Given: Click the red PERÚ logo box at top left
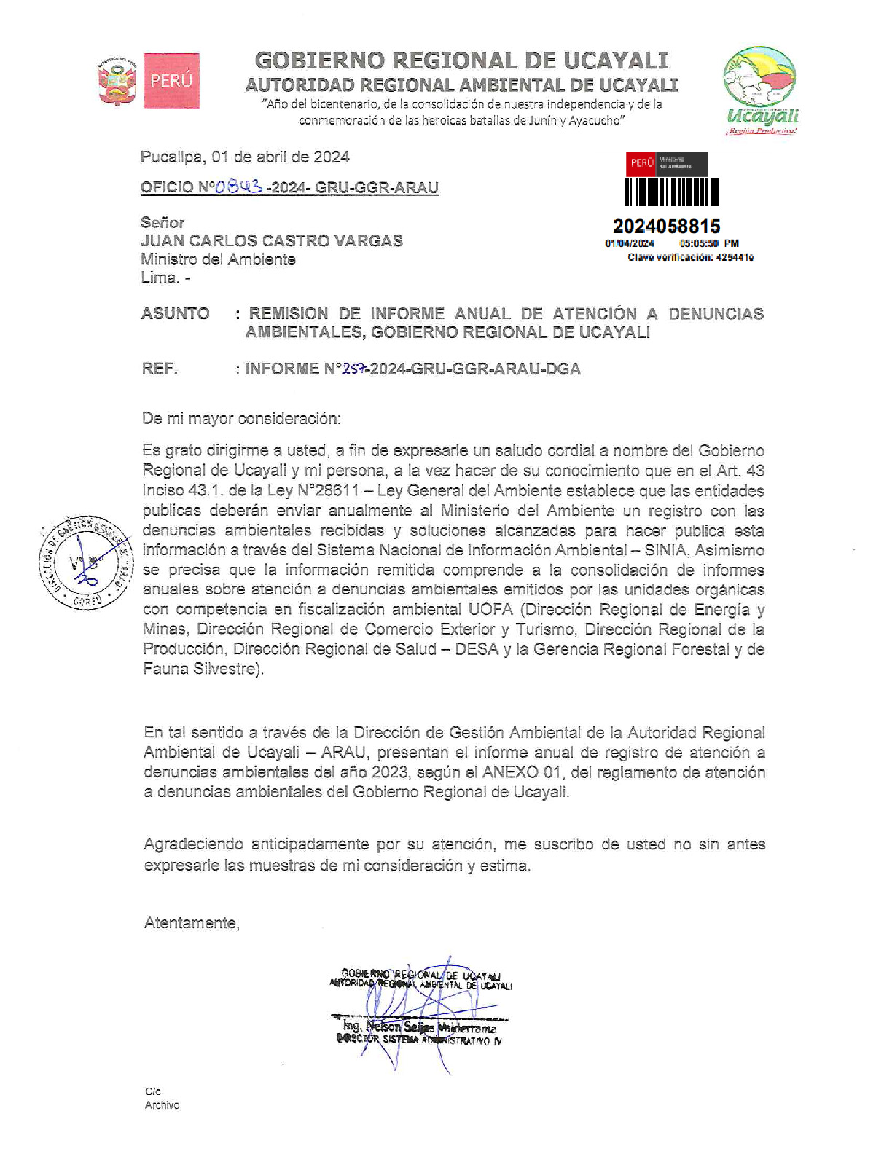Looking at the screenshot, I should [x=171, y=81].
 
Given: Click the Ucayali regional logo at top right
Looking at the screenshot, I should [x=760, y=91].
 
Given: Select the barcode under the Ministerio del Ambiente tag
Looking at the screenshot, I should [x=672, y=192].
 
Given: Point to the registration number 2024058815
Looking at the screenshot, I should [x=666, y=227].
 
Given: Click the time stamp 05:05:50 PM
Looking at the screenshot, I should [x=708, y=243].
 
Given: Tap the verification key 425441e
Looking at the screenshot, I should [x=735, y=257].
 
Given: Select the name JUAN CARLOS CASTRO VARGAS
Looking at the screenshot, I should [x=272, y=241].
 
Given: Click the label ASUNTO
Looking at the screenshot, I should [x=176, y=314].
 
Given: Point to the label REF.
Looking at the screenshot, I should [x=160, y=369].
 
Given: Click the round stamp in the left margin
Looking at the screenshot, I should [x=86, y=563].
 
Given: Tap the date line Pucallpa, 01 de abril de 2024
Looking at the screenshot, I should [x=245, y=157].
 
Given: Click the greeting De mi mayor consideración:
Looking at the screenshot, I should [x=241, y=418].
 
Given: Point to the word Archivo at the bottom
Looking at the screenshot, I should [x=162, y=1105].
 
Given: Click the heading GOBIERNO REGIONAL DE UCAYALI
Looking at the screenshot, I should [x=461, y=60].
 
